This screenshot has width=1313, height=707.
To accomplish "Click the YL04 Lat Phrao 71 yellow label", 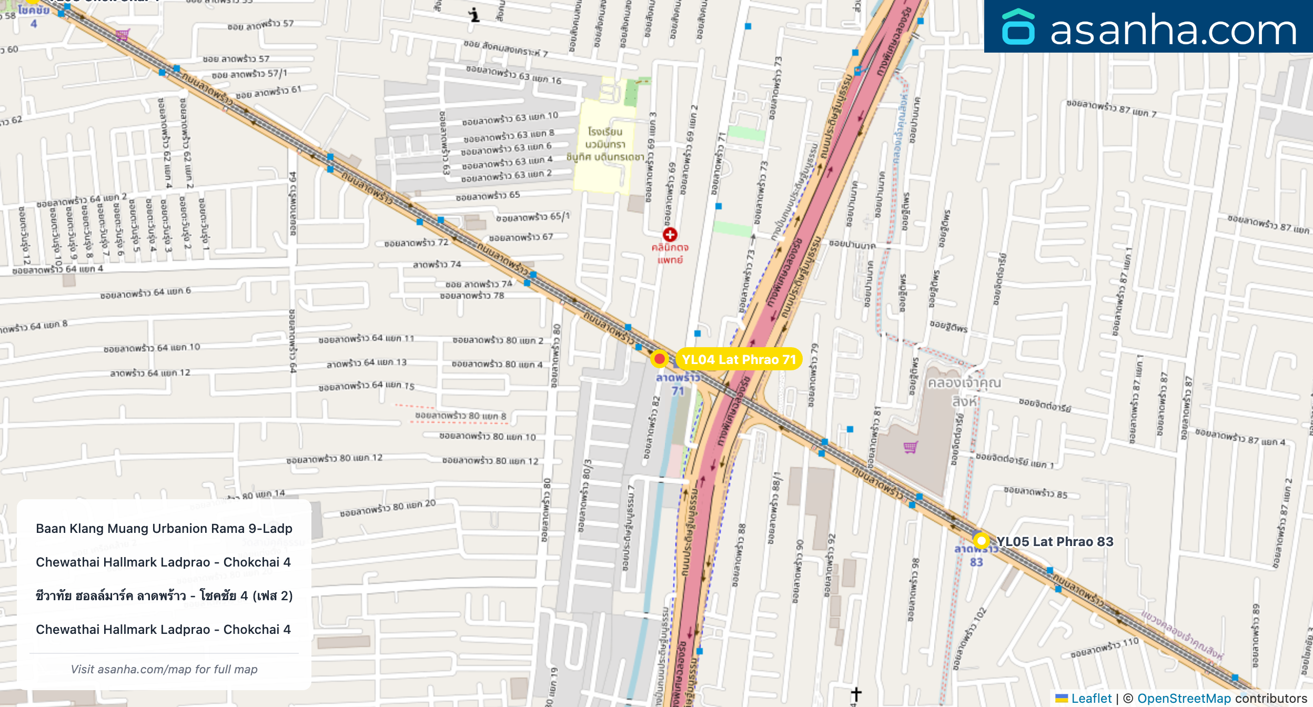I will [739, 359].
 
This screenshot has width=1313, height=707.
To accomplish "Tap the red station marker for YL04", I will [659, 359].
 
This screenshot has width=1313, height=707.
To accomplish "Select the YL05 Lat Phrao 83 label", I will [1055, 541].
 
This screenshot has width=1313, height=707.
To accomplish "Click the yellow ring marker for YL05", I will [981, 540].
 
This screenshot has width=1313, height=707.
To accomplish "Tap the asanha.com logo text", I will [1173, 30].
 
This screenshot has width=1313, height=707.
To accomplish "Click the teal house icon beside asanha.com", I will [1018, 27].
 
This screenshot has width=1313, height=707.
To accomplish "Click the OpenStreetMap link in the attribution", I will [1184, 698].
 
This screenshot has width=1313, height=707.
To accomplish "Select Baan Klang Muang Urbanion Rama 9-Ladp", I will [164, 528].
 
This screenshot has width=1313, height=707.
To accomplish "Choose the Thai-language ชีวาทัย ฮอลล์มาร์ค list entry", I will [164, 595].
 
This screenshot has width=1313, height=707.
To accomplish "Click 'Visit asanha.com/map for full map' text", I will [164, 669].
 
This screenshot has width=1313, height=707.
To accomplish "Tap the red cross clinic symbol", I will [670, 235].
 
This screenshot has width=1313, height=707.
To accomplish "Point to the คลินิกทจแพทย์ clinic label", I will [670, 254].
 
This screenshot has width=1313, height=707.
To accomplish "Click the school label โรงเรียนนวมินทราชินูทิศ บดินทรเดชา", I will [605, 144].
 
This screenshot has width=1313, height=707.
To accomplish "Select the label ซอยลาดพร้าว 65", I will [488, 196].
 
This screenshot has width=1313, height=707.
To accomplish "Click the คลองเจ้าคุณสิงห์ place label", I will [964, 391].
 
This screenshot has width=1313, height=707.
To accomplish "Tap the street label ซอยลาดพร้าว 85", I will [1035, 493].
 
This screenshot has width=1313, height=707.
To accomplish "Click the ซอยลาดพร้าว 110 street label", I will [1104, 648].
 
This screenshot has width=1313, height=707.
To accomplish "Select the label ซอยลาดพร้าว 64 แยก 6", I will [146, 292].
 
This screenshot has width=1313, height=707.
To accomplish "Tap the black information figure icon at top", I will [474, 15].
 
